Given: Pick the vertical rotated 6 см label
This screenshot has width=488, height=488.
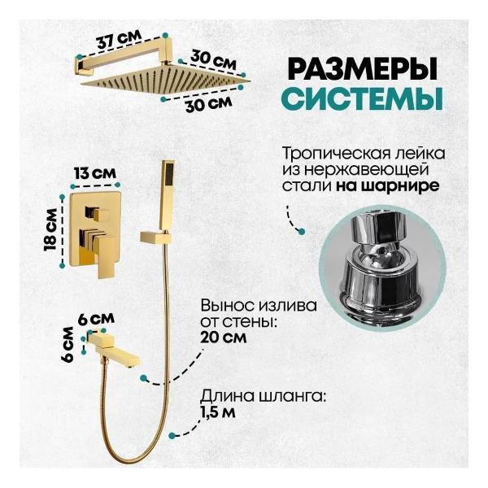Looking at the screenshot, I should tap(69, 345).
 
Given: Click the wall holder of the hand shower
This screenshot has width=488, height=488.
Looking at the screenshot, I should tap(155, 238).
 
